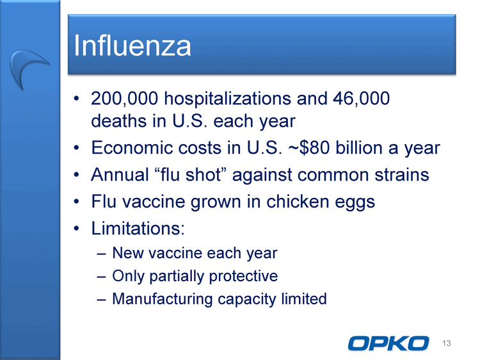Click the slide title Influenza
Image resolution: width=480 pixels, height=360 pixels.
click(132, 45)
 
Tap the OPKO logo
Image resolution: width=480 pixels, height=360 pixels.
click(388, 343)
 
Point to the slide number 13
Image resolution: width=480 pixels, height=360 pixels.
click(446, 343)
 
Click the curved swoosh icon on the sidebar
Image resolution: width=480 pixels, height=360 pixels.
click(28, 66)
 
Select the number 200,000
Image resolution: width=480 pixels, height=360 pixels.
click(125, 99)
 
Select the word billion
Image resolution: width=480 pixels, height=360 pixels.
click(360, 148)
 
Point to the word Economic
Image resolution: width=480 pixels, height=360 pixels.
click(132, 148)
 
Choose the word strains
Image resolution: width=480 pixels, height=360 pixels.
click(402, 175)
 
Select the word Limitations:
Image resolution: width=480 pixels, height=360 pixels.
click(138, 228)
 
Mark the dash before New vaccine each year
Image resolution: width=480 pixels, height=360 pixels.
click(101, 254)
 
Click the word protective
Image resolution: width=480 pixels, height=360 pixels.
click(243, 276)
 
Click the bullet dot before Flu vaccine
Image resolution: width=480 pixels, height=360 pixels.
click(76, 202)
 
